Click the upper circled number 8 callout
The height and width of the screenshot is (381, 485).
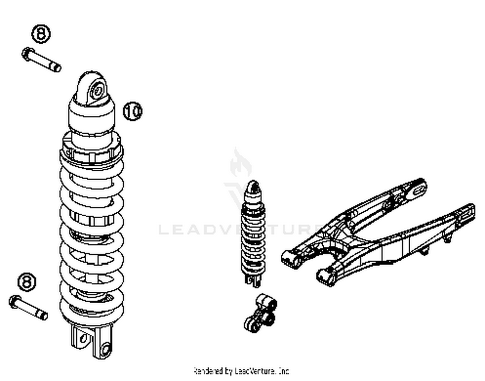41,33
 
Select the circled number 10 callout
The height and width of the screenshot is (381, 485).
133,111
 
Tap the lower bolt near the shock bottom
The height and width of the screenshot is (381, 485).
28,307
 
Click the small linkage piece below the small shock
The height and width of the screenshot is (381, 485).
260,312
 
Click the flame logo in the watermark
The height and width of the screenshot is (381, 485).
241,163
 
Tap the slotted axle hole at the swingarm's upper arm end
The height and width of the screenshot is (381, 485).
418,189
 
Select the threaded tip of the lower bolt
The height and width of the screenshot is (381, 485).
43,315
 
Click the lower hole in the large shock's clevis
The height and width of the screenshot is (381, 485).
105,350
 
